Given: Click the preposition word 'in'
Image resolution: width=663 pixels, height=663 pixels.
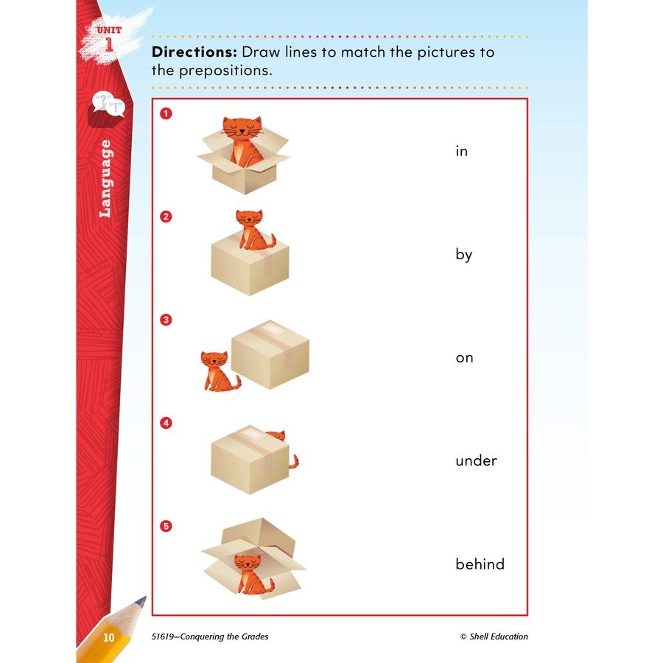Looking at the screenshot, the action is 461,151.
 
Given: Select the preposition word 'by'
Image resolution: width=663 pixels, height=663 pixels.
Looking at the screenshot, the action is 463,255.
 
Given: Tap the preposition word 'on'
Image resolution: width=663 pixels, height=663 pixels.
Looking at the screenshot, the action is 464,358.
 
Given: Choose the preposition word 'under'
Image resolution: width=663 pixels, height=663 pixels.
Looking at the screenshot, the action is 476,460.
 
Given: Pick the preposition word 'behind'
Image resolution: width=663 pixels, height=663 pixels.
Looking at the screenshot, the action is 480,564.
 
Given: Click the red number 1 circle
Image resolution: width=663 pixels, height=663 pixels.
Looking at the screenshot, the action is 166,113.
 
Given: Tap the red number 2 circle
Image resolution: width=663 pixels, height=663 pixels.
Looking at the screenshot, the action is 166,217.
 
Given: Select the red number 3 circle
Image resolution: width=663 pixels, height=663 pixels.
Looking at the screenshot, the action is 166,320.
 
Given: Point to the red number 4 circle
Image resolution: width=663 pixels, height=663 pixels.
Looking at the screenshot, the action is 166,423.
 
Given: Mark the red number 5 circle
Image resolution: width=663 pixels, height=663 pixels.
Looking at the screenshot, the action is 166,526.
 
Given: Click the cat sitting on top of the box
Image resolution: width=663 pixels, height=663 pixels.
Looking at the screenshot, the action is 253,231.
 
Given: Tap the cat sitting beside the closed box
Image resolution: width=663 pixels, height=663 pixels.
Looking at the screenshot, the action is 218,371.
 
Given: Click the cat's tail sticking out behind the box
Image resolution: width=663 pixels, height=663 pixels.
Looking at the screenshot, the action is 294,462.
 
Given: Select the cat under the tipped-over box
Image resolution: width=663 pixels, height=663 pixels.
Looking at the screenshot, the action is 253,574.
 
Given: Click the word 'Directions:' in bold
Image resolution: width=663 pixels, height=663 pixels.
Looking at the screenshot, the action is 194,52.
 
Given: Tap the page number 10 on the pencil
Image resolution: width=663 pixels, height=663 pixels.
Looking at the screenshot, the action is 109,637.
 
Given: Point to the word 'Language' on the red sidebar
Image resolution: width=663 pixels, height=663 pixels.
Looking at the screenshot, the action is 105,179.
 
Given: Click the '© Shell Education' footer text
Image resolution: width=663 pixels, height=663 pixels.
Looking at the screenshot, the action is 494,636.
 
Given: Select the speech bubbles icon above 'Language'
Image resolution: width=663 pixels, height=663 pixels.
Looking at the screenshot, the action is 108,104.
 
